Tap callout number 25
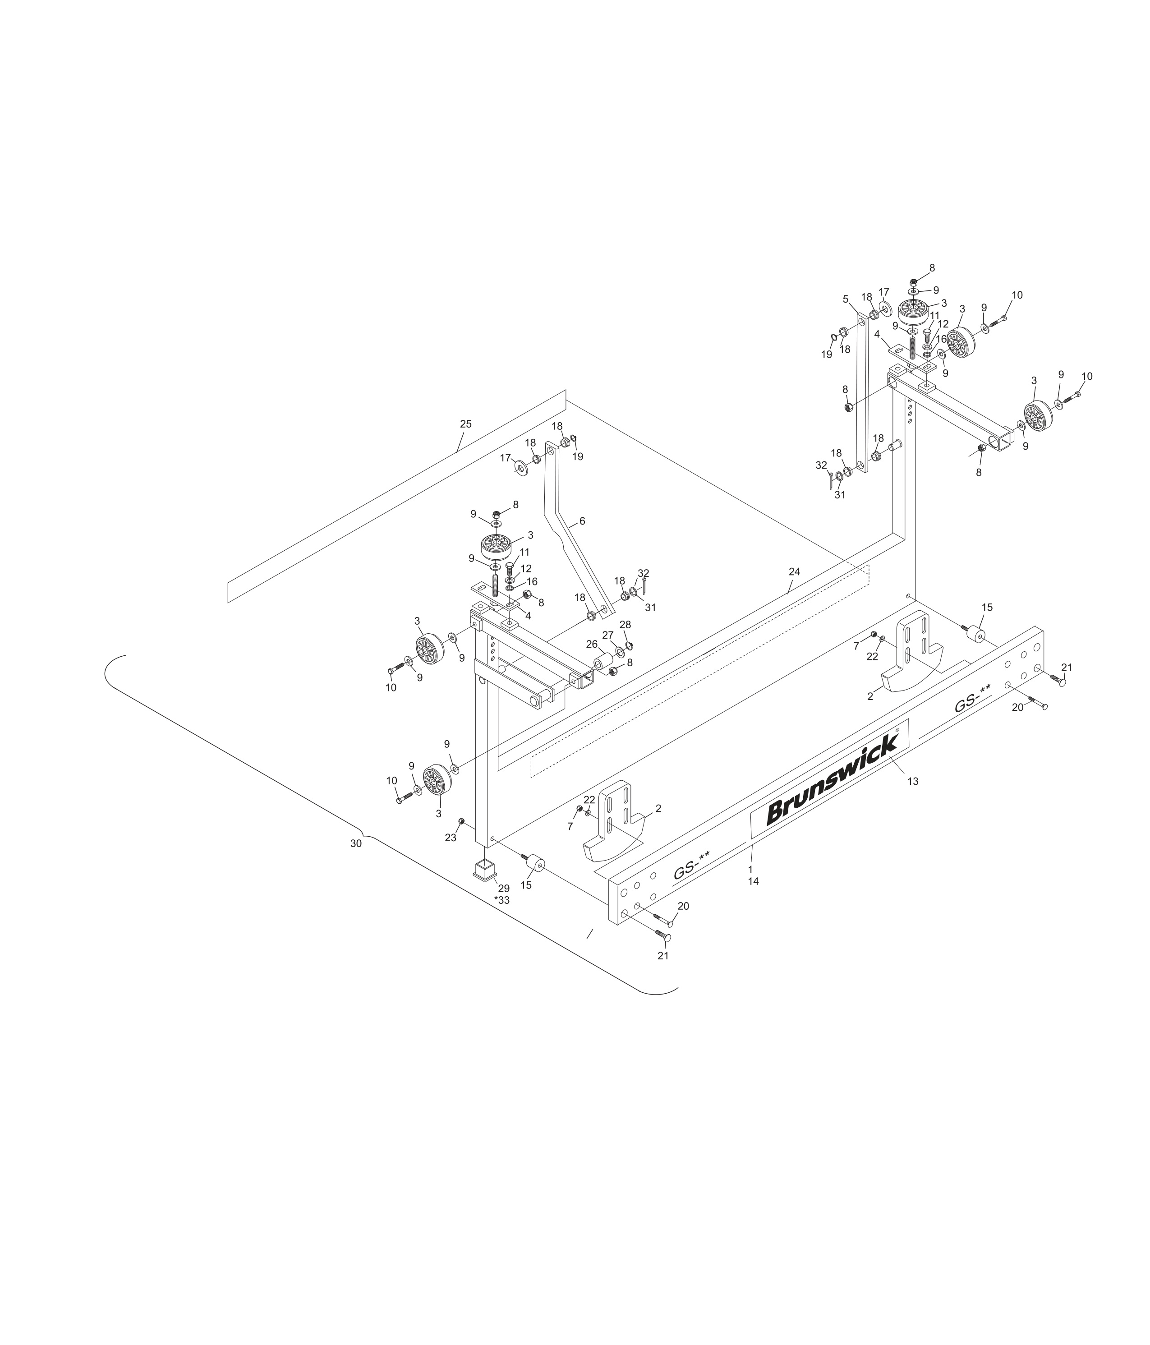click(x=465, y=424)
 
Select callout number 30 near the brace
click(x=356, y=843)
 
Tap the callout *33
click(x=501, y=900)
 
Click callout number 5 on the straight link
click(x=845, y=299)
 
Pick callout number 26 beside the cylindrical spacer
click(x=591, y=644)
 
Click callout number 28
click(x=625, y=624)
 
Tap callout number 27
click(x=607, y=635)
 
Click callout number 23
click(x=451, y=838)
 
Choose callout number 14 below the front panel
click(x=753, y=881)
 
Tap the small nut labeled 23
click(x=461, y=821)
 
